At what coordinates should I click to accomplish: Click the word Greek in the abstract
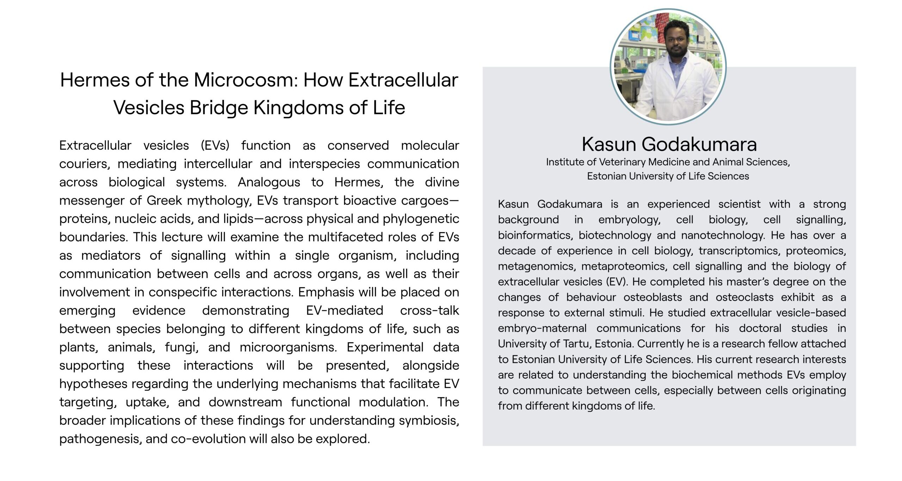click(164, 200)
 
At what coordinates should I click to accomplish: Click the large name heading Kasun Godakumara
click(669, 145)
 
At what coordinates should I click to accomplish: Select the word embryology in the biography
click(629, 220)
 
